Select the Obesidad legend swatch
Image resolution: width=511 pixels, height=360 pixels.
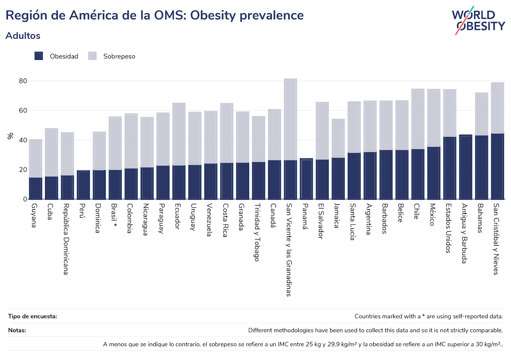coord(39,56)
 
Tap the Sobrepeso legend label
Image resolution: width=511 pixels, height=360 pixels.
coord(119,56)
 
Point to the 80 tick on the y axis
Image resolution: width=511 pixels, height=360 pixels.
coord(23,81)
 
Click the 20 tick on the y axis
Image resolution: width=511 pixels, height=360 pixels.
coord(23,170)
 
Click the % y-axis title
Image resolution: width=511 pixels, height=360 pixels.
coord(11,136)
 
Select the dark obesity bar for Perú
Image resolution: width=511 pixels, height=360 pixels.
coord(83,185)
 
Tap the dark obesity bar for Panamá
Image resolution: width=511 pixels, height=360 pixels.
coord(306,179)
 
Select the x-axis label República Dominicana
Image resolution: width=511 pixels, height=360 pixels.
coord(66,239)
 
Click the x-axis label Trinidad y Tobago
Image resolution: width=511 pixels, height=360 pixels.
coord(257,232)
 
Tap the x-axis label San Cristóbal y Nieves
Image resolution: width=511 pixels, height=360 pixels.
coord(496,239)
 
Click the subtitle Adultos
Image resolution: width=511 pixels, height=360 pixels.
coord(23,36)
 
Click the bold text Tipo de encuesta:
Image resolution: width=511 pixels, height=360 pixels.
coord(33,316)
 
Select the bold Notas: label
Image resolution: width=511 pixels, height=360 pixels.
coord(17,330)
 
